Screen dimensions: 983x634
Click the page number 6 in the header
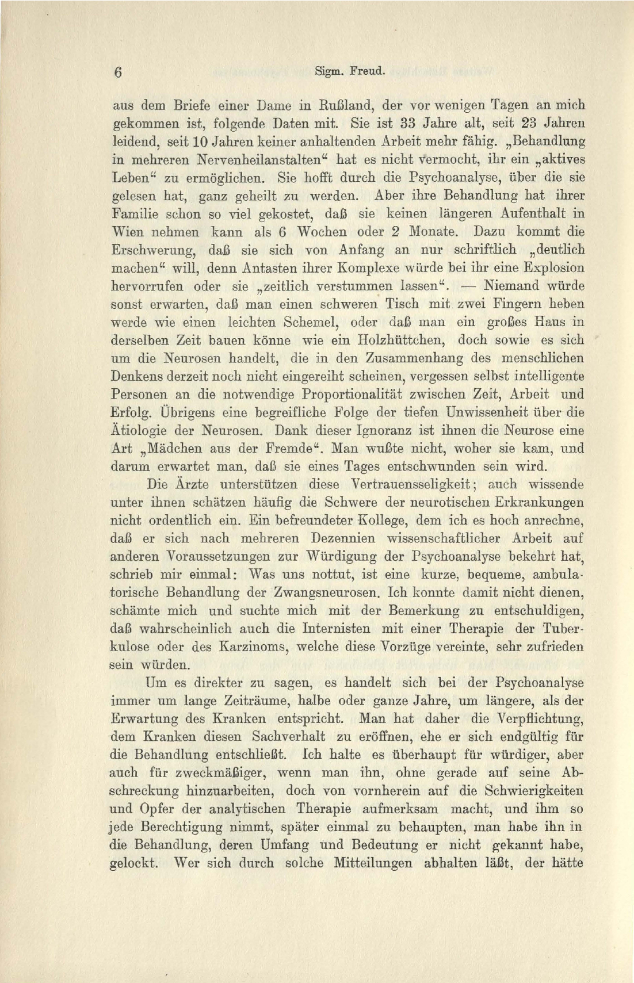(x=119, y=72)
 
